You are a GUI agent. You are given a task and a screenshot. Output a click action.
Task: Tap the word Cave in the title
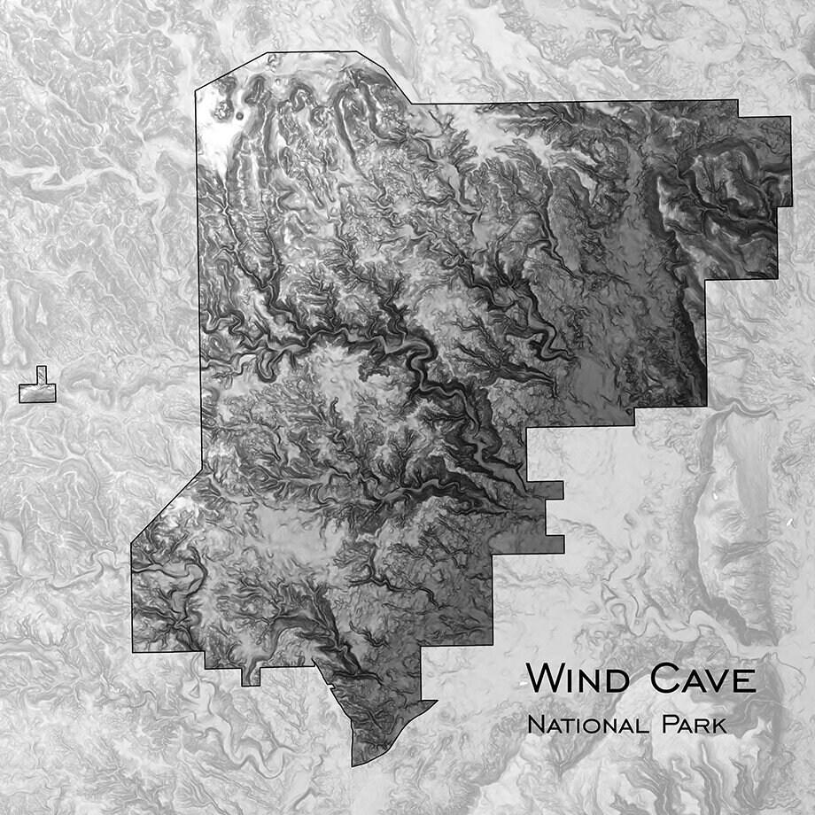tap(703, 679)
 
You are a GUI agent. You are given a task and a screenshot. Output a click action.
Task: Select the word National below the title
tap(589, 725)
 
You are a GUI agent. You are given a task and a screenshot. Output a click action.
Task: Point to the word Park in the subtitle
tap(695, 725)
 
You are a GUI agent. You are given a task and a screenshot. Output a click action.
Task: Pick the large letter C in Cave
tap(666, 679)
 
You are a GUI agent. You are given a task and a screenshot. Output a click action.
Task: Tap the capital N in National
tap(534, 725)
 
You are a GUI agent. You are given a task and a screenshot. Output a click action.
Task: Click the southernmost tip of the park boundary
tap(353, 765)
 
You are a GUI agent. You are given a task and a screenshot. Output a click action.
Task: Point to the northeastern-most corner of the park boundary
tap(789, 119)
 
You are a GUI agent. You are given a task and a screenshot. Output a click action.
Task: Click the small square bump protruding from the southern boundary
tap(251, 677)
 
